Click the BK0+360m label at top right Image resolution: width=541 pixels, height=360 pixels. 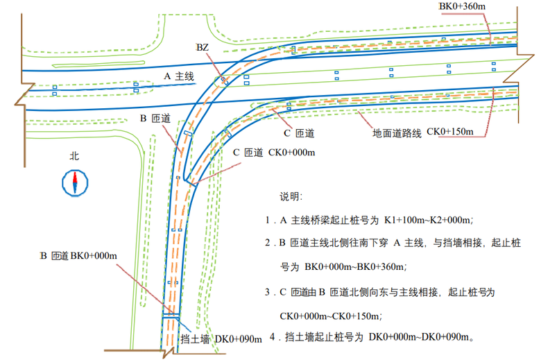point(463,6)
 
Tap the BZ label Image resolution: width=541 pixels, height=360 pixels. point(202,47)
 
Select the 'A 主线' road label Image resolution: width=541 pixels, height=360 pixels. point(178,76)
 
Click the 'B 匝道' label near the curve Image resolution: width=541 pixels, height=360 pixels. point(155,119)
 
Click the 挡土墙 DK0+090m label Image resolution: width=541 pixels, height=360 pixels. point(221,339)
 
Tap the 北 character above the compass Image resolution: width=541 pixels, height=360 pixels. point(74,157)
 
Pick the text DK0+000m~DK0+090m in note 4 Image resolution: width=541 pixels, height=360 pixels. point(420,338)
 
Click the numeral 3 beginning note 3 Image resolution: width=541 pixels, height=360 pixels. point(267,292)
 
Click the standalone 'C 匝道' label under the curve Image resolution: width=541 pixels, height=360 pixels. point(300,132)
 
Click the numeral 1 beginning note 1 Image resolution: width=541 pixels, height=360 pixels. point(267,221)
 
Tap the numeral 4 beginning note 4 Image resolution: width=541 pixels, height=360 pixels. point(272,338)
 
